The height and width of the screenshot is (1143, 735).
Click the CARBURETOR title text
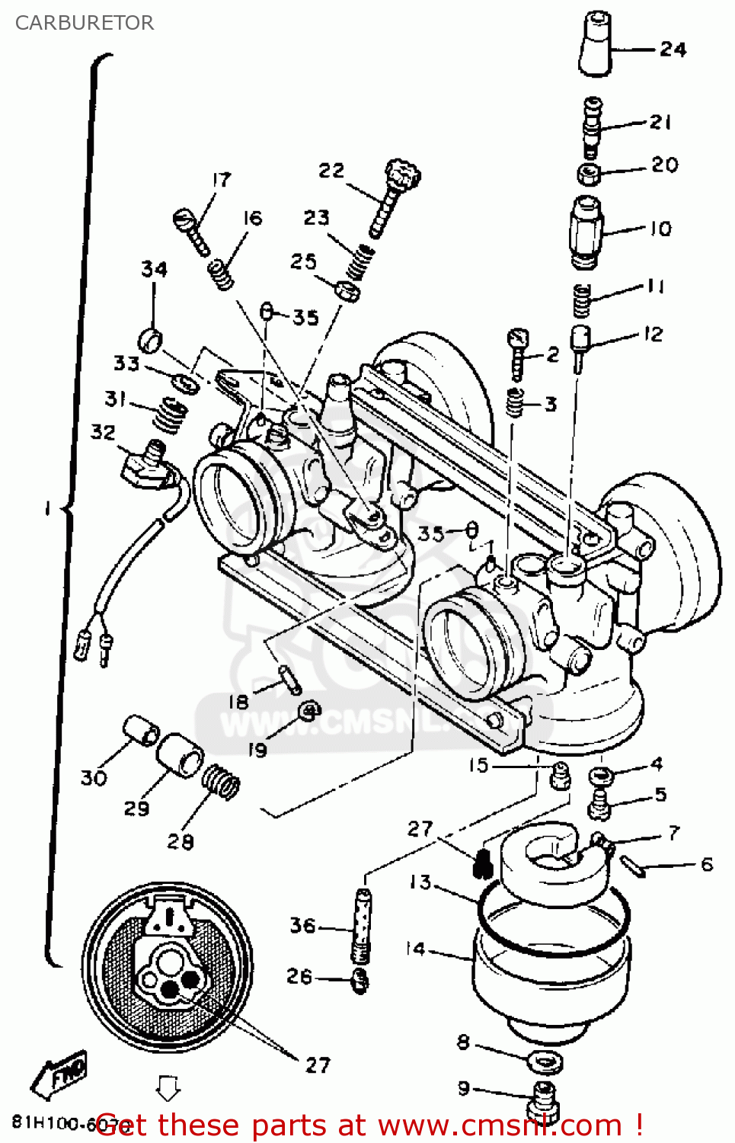click(85, 23)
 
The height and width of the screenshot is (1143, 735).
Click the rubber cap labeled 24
click(596, 45)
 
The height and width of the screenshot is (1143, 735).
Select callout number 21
click(660, 122)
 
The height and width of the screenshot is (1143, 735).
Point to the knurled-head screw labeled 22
click(395, 194)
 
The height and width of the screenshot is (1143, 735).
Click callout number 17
click(221, 180)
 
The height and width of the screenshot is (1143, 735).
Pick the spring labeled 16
click(221, 273)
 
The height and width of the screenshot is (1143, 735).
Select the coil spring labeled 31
click(170, 416)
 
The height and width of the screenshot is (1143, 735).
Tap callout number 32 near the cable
click(103, 432)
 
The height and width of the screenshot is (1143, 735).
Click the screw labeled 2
click(518, 353)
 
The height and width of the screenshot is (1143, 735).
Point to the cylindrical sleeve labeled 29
click(180, 755)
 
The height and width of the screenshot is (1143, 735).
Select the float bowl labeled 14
click(550, 979)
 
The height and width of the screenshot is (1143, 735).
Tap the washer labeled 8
click(545, 1060)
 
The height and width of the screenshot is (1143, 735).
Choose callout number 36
click(302, 926)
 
